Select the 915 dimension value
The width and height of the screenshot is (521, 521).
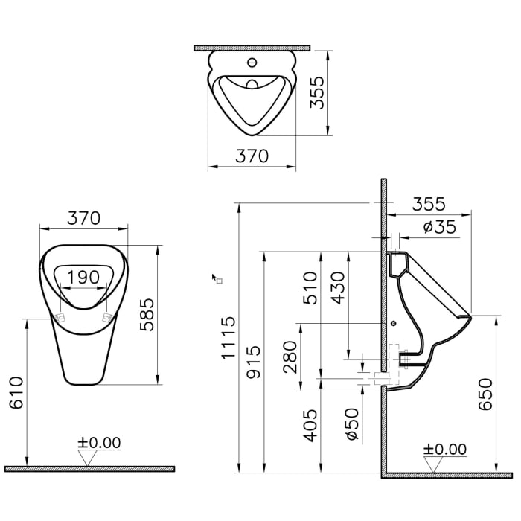pos(254,361)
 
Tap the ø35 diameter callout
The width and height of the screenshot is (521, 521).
pos(439,227)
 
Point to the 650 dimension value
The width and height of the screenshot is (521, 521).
pos(485,394)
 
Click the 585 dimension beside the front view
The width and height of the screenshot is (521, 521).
pos(148,313)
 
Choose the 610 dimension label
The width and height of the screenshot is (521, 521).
pos(17,392)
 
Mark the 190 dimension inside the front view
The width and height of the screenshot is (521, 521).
pos(83,277)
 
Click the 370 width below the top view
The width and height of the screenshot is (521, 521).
pos(252,156)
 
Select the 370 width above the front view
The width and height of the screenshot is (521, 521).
pos(83,218)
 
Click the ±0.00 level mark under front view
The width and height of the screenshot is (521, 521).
pos(98,443)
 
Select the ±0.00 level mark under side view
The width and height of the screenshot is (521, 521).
pos(444,449)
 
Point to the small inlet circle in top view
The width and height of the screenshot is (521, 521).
pos(252,63)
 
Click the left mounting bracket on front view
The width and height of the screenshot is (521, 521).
pos(61,316)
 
